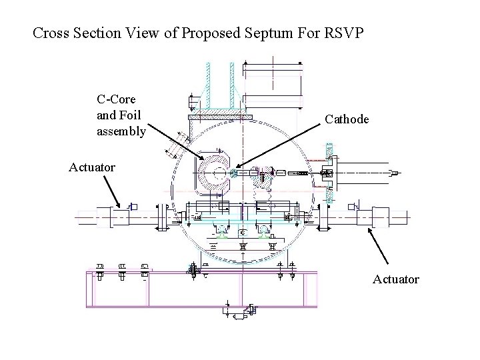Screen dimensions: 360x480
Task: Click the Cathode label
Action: click(347, 119)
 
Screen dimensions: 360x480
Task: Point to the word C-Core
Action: click(116, 100)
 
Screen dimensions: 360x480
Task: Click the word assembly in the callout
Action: click(121, 131)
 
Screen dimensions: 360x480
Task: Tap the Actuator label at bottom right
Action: click(396, 279)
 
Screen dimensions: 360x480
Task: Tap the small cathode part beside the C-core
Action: click(234, 175)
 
